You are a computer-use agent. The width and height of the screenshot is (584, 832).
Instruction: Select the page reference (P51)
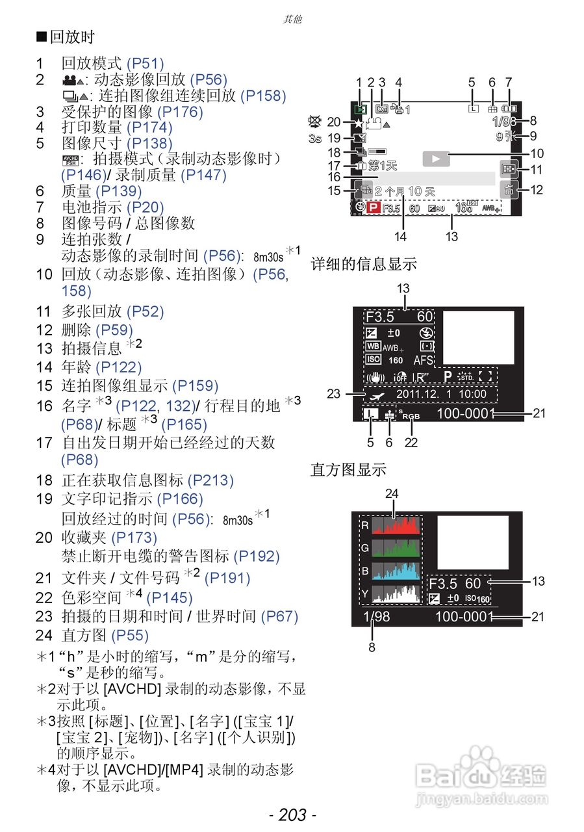click(x=145, y=64)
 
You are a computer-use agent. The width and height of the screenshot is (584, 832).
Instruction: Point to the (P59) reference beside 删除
click(x=114, y=330)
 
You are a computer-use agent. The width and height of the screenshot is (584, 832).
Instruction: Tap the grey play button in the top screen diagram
click(x=436, y=158)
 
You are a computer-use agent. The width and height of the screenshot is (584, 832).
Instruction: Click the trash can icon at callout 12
click(x=507, y=190)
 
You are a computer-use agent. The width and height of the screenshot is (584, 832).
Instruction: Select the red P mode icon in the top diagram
click(x=373, y=209)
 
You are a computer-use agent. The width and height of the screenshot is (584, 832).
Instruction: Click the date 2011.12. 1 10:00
click(x=441, y=394)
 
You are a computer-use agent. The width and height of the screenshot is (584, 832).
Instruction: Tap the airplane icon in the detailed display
click(x=375, y=395)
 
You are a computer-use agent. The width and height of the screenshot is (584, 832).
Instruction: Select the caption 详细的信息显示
click(x=363, y=265)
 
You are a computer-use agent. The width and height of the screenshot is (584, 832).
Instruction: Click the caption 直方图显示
click(x=348, y=469)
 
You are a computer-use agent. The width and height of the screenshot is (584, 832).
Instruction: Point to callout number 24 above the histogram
click(x=391, y=494)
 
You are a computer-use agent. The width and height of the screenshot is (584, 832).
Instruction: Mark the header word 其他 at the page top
click(x=292, y=19)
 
